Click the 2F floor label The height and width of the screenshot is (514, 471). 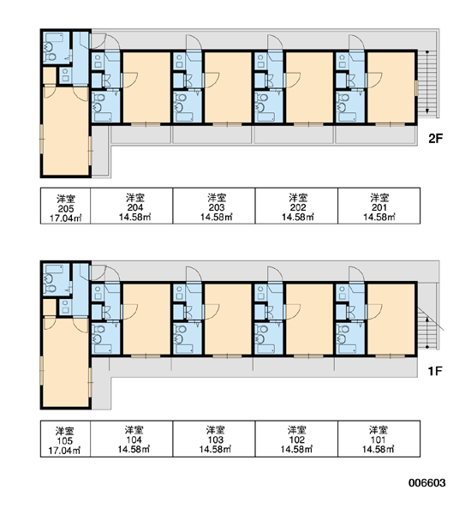[435, 139]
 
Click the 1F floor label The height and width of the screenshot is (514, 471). [435, 371]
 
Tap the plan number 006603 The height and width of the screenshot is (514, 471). [426, 483]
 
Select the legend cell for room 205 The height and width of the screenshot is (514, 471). [66, 206]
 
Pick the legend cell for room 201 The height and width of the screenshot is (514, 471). [379, 206]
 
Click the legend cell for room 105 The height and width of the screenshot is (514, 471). [66, 439]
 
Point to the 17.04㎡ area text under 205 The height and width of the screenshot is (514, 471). [66, 218]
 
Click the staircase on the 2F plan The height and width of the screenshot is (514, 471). [427, 83]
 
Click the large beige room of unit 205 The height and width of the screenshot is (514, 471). [66, 130]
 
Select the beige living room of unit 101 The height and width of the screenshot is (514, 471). [391, 319]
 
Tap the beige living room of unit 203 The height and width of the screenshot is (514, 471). [228, 87]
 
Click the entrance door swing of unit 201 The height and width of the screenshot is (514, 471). [356, 43]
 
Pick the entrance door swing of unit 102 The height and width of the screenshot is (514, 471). [275, 274]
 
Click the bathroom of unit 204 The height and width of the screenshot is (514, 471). [105, 106]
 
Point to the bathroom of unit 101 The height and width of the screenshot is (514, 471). [350, 338]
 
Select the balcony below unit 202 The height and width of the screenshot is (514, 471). [294, 134]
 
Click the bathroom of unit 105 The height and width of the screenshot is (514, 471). [57, 279]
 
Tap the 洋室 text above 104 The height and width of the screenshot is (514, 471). [134, 429]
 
